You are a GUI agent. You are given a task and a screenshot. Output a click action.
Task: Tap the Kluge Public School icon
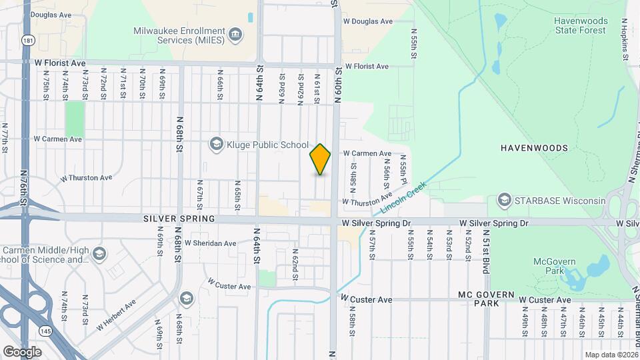coord(216,144)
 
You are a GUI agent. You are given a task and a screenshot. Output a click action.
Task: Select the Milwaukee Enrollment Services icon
coord(235,35)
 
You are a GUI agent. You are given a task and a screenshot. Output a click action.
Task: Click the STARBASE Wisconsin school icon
coord(505,201)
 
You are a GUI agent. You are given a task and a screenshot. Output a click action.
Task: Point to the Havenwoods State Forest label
coord(581,25)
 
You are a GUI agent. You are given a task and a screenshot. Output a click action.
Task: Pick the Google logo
coord(22,351)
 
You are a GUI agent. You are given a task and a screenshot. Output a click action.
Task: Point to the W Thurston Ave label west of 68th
coord(87,178)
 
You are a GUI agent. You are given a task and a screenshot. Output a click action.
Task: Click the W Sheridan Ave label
coord(211,243)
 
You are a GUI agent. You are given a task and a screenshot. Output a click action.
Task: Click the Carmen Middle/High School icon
coord(99,253)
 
